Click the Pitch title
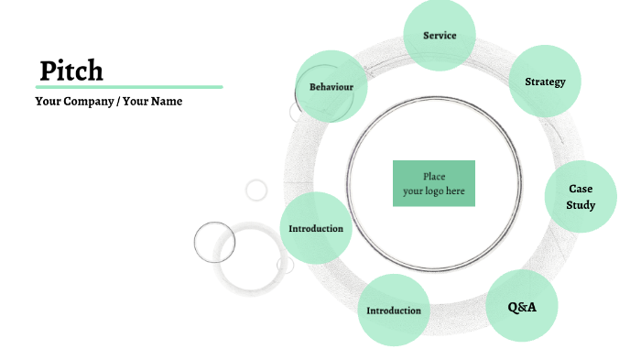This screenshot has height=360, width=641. coord(71,71)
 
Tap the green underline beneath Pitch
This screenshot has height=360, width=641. coord(129,87)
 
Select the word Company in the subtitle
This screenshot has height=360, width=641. coord(88,102)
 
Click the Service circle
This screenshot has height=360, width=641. coord(440,36)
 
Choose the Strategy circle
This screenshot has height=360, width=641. coord(545,82)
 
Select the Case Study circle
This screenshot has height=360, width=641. coord(581,197)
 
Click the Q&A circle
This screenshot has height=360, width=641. coord(522,307)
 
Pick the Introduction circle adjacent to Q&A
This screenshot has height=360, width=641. coord(394,311)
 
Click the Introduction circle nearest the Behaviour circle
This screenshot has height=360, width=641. coord(316,228)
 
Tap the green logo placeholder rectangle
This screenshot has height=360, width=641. coord(434,183)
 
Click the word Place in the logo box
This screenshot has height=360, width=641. coord(434,177)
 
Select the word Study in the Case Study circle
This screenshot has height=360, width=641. coord(581,205)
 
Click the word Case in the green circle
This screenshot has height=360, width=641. coord(581,189)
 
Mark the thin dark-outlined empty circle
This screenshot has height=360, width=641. coord(214,242)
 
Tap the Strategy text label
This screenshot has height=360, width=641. coord(545,82)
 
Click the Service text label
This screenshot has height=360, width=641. coord(440,36)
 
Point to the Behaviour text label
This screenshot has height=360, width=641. coord(331,87)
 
